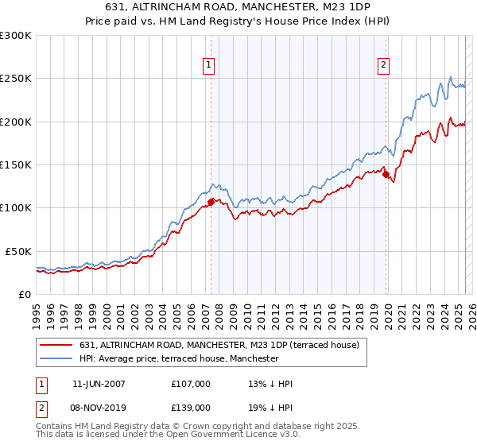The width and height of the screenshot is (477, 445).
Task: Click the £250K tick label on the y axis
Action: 16,79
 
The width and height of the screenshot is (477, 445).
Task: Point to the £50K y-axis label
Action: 18,251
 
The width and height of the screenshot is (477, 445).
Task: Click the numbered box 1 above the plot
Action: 208,65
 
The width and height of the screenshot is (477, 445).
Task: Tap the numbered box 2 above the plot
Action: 383,65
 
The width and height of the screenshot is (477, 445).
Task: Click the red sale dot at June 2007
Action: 211,202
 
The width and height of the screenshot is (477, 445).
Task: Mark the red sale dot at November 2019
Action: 386,174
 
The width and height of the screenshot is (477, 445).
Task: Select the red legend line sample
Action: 56,345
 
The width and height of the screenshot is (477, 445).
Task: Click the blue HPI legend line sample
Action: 56,358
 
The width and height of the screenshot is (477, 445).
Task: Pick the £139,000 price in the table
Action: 191,407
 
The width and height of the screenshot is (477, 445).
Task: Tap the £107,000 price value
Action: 191,384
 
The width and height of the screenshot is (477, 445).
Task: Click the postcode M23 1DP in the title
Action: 357,8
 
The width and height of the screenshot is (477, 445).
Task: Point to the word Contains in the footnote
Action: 56,427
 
